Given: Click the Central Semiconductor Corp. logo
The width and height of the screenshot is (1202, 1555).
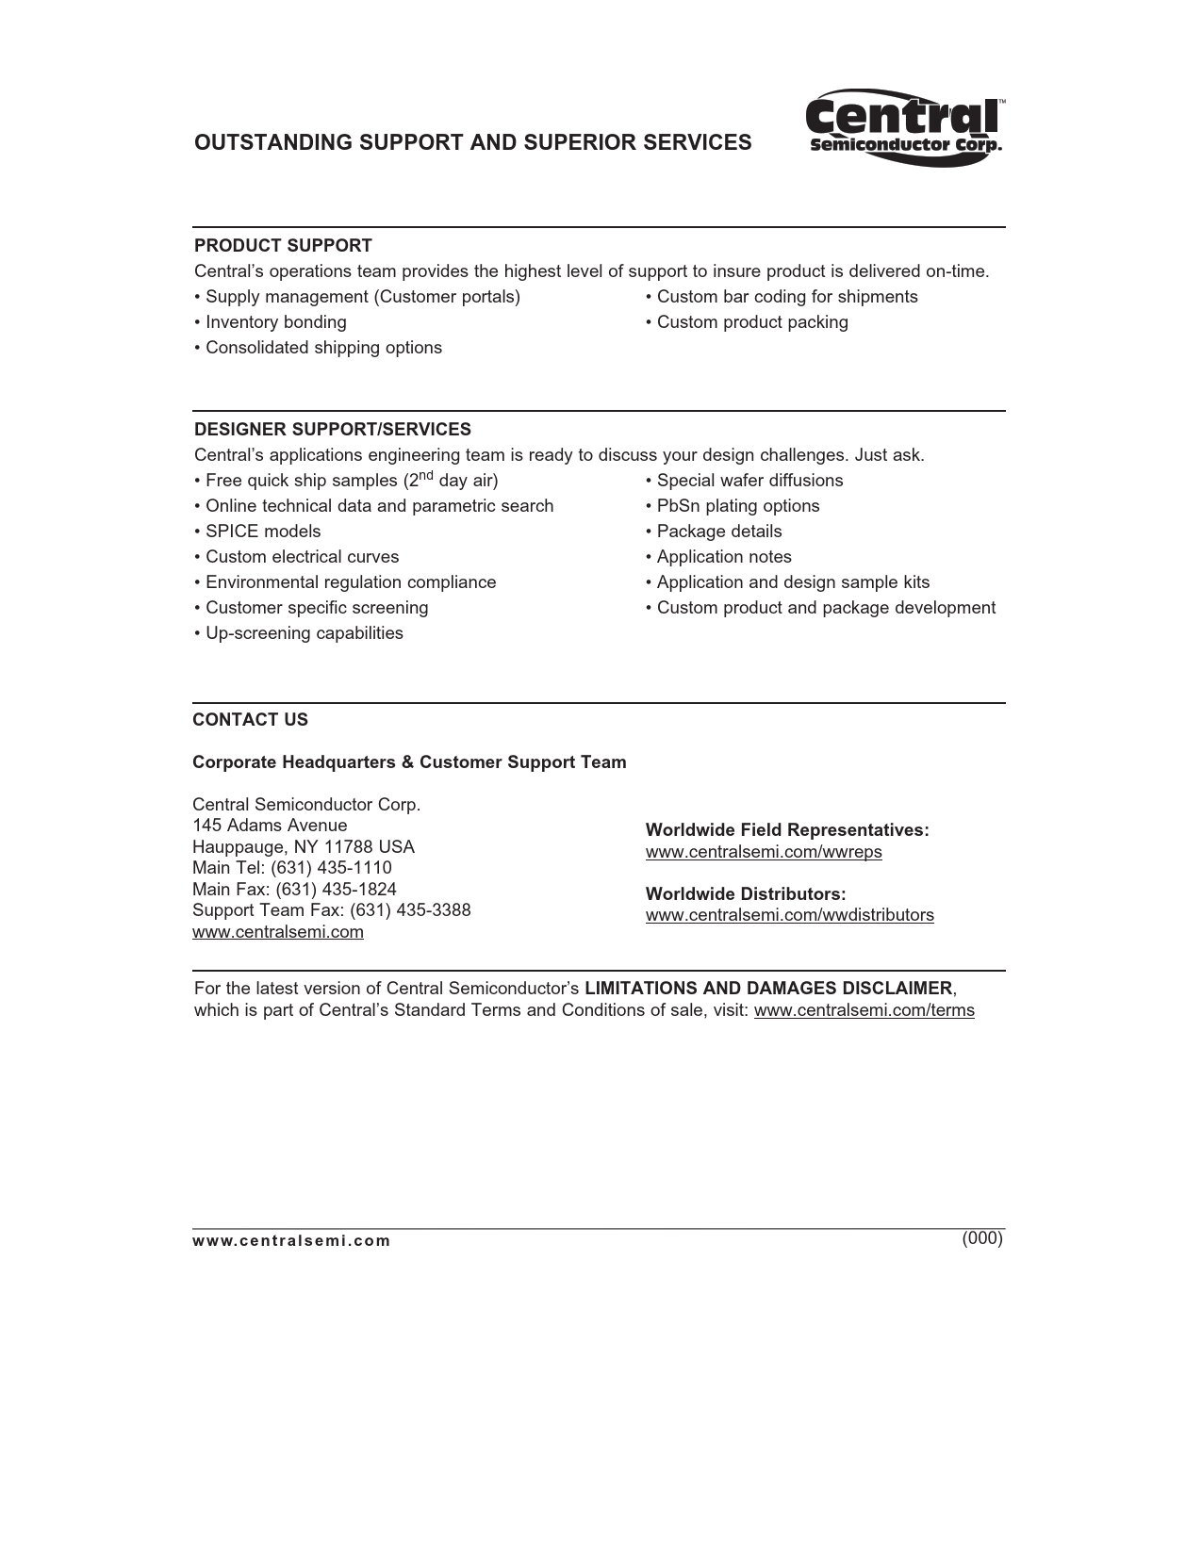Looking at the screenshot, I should (x=904, y=128).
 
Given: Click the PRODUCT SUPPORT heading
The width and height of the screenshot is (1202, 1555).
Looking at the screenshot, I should (x=283, y=246).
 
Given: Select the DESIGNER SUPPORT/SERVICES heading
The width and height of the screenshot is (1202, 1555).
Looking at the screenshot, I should (x=332, y=430).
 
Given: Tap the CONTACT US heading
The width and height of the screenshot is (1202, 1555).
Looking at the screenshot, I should (x=250, y=720).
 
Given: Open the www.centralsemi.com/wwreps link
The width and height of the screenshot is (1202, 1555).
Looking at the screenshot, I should (x=764, y=852).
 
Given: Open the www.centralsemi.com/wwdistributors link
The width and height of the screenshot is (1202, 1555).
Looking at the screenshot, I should (x=789, y=915).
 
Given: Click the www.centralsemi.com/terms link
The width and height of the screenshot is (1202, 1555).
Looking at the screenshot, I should (x=864, y=1011).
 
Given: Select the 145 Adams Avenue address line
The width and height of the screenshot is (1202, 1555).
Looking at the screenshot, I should (x=270, y=826).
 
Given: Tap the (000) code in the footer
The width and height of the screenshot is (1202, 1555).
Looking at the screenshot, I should (x=982, y=1238).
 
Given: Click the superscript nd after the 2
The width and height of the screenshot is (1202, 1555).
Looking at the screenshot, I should (x=424, y=474).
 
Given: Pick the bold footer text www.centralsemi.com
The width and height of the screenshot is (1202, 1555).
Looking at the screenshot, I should (x=290, y=1241).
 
